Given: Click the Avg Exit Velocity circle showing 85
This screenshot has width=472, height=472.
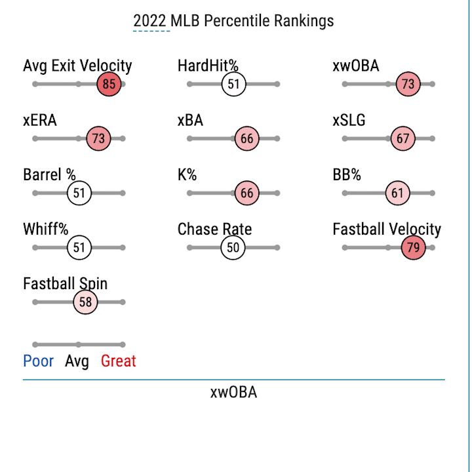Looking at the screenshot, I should click(109, 85).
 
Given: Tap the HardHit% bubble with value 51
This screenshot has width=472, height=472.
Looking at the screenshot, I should click(233, 85).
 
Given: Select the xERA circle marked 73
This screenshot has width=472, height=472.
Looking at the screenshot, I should click(98, 139).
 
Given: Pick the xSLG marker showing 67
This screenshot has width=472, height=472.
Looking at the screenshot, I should click(403, 139).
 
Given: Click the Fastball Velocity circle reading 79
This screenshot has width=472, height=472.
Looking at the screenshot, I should click(414, 248).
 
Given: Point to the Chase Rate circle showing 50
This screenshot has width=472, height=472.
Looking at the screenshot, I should click(233, 248).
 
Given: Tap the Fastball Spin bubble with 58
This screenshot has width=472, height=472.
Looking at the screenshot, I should click(85, 302).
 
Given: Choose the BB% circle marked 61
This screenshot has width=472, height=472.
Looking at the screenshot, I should click(397, 193).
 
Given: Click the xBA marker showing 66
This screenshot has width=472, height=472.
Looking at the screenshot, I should click(246, 139).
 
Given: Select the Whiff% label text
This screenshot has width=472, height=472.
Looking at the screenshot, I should click(45, 229).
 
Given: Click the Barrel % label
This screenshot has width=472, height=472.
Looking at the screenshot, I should click(49, 175).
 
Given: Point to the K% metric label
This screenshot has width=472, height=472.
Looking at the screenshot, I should click(187, 175).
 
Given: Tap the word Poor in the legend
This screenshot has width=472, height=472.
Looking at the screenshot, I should click(38, 361).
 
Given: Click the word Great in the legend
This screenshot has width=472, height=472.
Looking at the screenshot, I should click(118, 361).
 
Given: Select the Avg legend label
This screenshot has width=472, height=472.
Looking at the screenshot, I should click(77, 361).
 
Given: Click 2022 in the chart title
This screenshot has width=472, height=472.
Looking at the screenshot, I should click(150, 21).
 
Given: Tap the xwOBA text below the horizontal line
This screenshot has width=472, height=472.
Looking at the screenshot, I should click(233, 393).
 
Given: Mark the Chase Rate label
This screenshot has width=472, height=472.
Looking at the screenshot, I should click(214, 229).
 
